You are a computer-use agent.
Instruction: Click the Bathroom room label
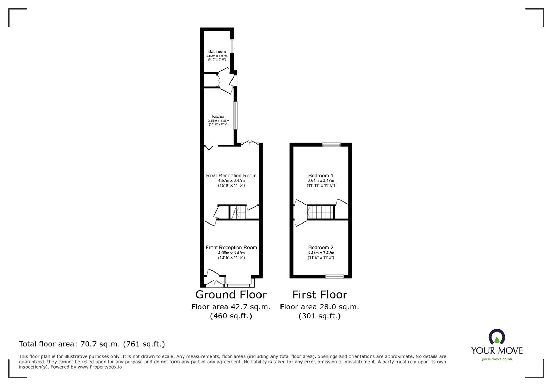pos(217,52)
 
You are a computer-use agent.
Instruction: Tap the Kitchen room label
pos(219,117)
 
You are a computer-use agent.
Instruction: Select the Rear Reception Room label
pos(231,176)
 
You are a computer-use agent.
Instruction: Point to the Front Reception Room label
pos(231,248)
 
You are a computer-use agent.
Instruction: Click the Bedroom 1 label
pos(321,176)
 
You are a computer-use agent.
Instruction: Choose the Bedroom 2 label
pos(321,248)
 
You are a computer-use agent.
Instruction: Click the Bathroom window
pos(233,46)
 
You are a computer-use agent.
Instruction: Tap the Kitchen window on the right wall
pos(235,115)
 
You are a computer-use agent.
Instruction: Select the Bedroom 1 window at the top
pos(331,145)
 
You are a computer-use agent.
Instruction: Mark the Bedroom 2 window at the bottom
pos(335,276)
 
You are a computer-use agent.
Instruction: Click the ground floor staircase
pos(238,212)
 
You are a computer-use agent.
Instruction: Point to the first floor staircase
pos(321,212)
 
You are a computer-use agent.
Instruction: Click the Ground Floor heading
pos(231,295)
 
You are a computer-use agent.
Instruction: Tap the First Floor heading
pos(319,295)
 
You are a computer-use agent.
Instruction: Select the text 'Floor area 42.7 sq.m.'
pos(231,307)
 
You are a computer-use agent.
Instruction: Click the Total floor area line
pos(92,344)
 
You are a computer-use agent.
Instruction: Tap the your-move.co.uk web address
pos(497,359)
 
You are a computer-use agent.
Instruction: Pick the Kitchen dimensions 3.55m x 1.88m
pos(219,121)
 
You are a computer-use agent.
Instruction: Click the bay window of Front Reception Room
pos(239,286)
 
